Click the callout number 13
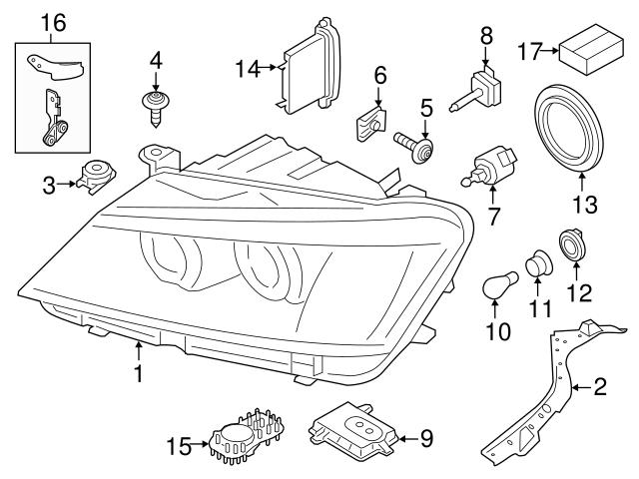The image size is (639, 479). click(583, 207)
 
